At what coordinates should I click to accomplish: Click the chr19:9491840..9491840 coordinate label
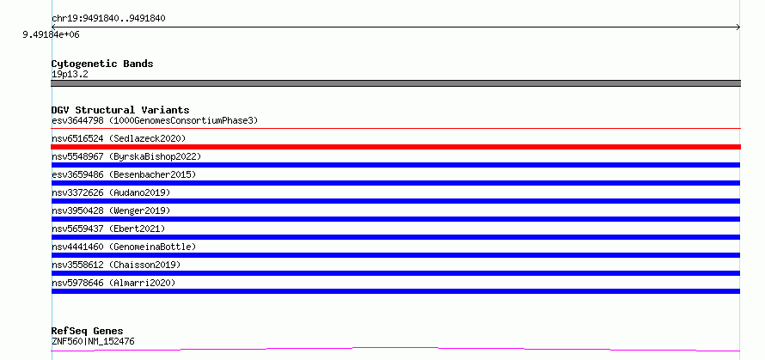108,19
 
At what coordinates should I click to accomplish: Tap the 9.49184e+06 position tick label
51,34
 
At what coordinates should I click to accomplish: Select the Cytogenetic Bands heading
102,64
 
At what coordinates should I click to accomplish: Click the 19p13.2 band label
70,75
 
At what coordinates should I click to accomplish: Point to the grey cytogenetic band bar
395,83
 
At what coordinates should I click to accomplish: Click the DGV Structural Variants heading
120,110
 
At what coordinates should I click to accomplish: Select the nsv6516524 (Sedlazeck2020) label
119,138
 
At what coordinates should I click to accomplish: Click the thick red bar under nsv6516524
395,147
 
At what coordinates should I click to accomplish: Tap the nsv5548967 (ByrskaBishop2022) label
126,156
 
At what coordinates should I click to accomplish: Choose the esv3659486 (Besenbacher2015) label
124,174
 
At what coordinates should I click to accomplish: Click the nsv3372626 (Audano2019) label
111,192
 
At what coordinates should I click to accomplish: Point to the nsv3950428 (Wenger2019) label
111,211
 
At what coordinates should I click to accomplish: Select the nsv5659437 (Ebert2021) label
108,229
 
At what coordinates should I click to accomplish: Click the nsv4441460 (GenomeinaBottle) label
124,247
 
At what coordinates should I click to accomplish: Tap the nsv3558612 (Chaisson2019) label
116,265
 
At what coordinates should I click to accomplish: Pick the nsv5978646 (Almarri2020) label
113,283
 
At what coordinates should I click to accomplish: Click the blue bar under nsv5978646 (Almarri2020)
395,291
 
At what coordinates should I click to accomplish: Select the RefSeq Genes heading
87,332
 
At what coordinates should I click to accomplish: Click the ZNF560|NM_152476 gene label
93,341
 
